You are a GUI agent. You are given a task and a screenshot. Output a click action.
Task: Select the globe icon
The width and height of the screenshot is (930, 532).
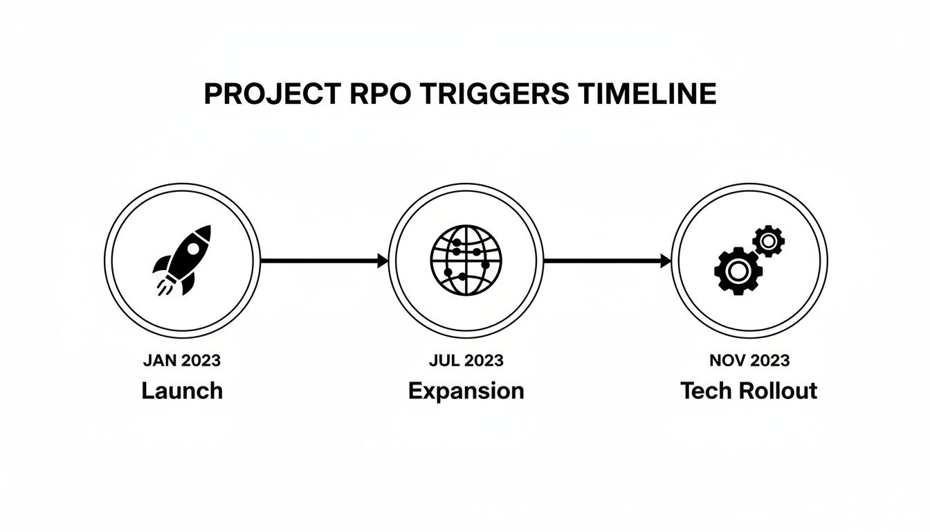tap(465, 260)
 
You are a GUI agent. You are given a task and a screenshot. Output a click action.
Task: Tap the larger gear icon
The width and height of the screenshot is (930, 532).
tap(738, 270)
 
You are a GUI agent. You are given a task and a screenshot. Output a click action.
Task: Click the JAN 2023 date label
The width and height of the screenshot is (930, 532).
tap(182, 360)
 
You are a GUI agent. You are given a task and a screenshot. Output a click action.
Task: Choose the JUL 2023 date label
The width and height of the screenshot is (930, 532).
tap(466, 360)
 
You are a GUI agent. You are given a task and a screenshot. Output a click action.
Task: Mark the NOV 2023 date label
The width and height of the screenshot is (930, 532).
tap(749, 360)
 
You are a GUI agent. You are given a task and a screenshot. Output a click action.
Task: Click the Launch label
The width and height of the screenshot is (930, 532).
tap(182, 391)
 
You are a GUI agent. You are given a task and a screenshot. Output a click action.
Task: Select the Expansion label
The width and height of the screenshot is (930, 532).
tap(466, 391)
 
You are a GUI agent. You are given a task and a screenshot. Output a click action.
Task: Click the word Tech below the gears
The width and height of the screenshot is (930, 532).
tap(706, 391)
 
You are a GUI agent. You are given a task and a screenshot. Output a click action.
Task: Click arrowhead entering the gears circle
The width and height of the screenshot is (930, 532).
tap(666, 261)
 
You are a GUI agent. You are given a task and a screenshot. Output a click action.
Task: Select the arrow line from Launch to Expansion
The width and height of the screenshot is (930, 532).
tap(318, 261)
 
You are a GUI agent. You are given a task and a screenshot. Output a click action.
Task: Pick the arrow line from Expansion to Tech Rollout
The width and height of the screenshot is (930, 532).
tap(602, 261)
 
